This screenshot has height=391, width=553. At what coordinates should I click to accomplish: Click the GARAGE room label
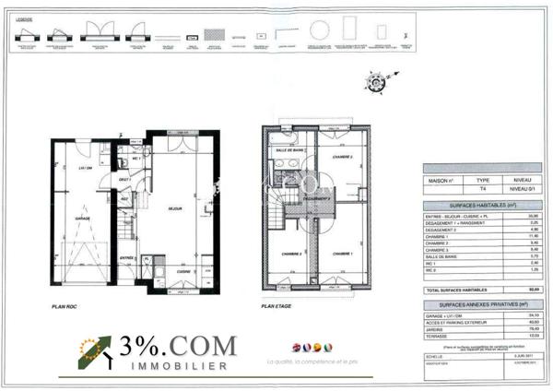pos(82,218)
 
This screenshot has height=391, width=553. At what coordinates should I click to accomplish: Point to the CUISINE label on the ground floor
pos(183,271)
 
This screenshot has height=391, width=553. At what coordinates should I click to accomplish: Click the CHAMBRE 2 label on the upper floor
pos(282,254)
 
